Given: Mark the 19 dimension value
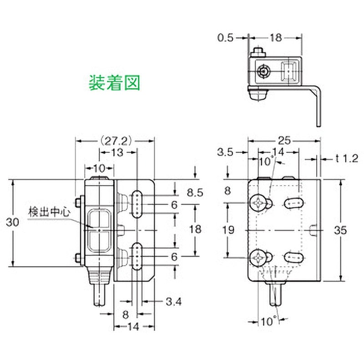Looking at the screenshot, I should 228,230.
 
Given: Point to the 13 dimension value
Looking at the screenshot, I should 117,153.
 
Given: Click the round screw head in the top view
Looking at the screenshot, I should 263,71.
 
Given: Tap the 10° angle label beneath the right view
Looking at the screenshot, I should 269,322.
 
